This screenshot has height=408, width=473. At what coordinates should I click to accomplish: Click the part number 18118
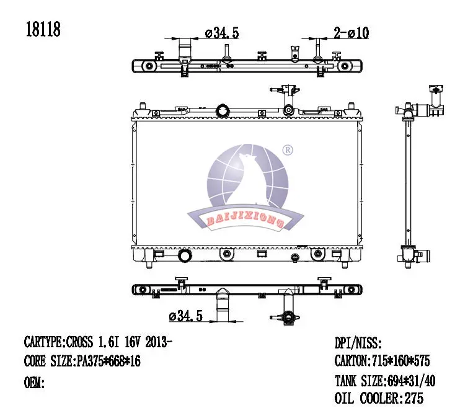point(43,30)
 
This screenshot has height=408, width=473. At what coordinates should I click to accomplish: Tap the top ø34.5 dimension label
point(222,33)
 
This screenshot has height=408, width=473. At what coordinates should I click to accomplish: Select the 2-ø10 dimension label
point(351,33)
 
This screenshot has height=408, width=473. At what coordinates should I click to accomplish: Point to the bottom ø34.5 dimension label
point(186,316)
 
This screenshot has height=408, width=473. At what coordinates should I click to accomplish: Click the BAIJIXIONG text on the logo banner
point(245,220)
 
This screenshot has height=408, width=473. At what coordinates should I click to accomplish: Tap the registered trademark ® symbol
point(288,150)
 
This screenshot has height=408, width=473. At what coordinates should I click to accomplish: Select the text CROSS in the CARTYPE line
point(79,342)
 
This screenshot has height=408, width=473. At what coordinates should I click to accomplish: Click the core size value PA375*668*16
point(108,361)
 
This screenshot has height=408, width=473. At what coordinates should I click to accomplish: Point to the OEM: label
point(34,383)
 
